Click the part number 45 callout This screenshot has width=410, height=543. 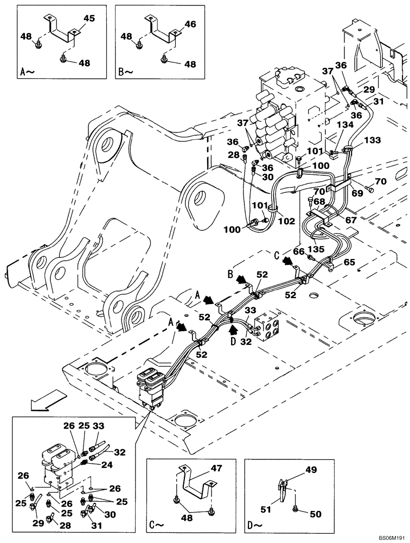pyautogui.click(x=89, y=18)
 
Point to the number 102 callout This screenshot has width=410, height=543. pyautogui.click(x=286, y=221)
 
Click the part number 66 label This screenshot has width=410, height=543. pyautogui.click(x=299, y=251)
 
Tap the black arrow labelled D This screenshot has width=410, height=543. pyautogui.click(x=233, y=328)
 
